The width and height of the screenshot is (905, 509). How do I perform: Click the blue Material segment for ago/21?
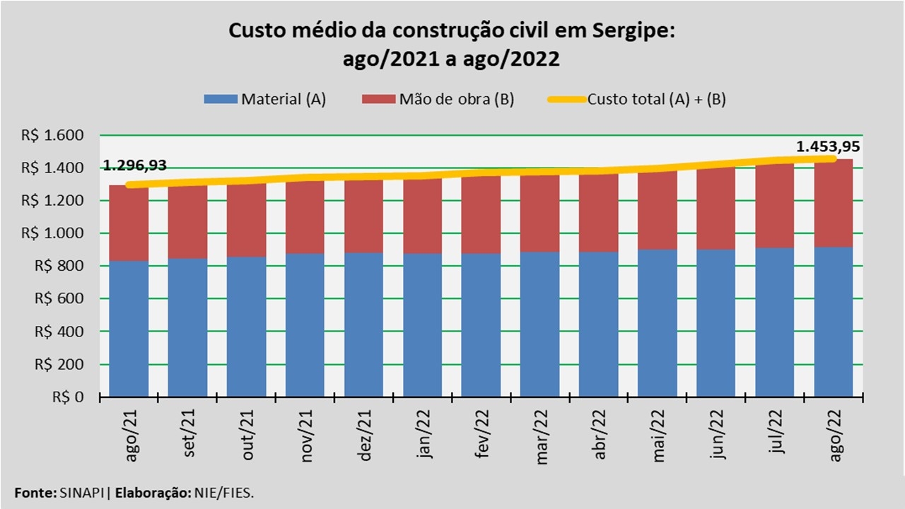(129, 329)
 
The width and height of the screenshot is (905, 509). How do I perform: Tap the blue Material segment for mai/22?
(658, 322)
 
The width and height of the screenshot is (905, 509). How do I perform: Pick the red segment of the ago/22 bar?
(834, 204)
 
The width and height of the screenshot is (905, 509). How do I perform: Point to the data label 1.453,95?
(828, 148)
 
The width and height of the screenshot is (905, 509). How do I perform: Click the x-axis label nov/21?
(307, 443)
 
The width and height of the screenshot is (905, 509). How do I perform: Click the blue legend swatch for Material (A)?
(221, 99)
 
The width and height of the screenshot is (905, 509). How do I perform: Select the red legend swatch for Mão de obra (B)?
(379, 99)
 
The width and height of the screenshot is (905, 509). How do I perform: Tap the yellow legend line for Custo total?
(566, 99)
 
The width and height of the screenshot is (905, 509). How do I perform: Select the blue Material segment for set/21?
(187, 327)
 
